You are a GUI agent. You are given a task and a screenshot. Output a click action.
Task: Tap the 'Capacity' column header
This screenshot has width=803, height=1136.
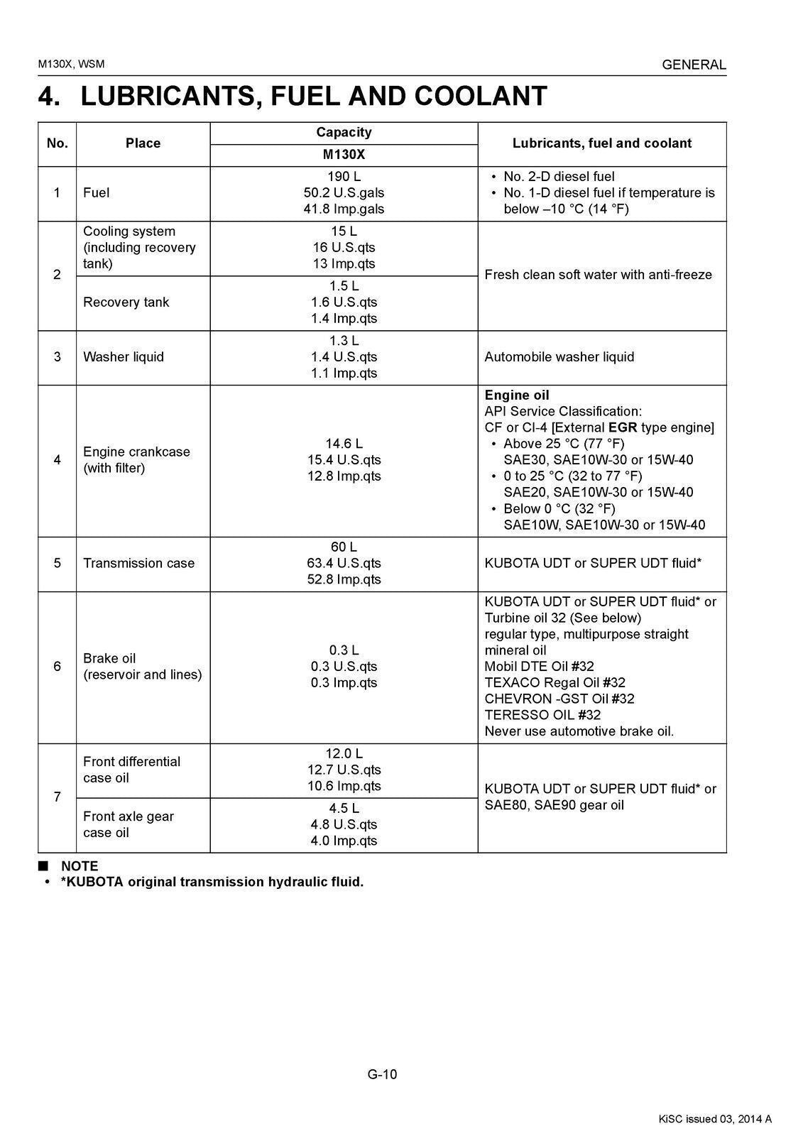[344, 132]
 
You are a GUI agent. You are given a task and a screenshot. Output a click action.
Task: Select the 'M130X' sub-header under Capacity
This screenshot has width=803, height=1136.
[344, 155]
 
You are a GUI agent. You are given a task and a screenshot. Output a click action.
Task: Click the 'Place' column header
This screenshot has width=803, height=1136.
[143, 143]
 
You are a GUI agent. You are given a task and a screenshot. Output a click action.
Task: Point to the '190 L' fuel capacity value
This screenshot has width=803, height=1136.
[344, 177]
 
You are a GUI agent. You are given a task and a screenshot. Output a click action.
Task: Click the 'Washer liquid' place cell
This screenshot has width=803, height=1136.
[124, 357]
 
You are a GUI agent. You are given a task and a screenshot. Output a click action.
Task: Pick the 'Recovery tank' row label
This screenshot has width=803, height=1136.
[126, 302]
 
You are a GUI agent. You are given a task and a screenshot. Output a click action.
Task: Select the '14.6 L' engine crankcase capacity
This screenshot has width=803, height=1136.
[344, 444]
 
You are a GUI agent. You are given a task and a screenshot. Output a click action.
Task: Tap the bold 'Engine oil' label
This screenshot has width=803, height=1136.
[517, 395]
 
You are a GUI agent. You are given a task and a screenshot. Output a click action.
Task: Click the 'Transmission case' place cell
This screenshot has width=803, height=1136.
[138, 564]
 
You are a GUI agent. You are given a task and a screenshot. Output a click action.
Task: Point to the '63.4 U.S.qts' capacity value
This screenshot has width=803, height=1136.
[344, 564]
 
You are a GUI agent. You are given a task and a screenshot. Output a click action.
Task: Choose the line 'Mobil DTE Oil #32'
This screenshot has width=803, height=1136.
[539, 667]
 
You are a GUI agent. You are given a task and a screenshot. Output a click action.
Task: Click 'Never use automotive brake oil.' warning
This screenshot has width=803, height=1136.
[579, 731]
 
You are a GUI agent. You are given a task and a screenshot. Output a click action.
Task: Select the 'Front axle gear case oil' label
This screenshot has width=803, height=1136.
[129, 824]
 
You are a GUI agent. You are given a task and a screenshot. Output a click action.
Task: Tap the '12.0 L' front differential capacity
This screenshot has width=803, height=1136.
[344, 754]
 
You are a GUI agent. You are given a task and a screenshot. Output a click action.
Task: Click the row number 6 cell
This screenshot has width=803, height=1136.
[57, 667]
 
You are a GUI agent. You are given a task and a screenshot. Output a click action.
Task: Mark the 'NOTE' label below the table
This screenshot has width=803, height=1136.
[80, 866]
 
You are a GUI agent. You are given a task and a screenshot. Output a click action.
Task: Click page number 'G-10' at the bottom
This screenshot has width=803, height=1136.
[382, 1074]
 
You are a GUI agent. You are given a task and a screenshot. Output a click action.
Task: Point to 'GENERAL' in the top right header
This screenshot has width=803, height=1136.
[694, 65]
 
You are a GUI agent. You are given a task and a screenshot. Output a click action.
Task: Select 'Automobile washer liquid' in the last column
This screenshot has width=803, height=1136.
[559, 357]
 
